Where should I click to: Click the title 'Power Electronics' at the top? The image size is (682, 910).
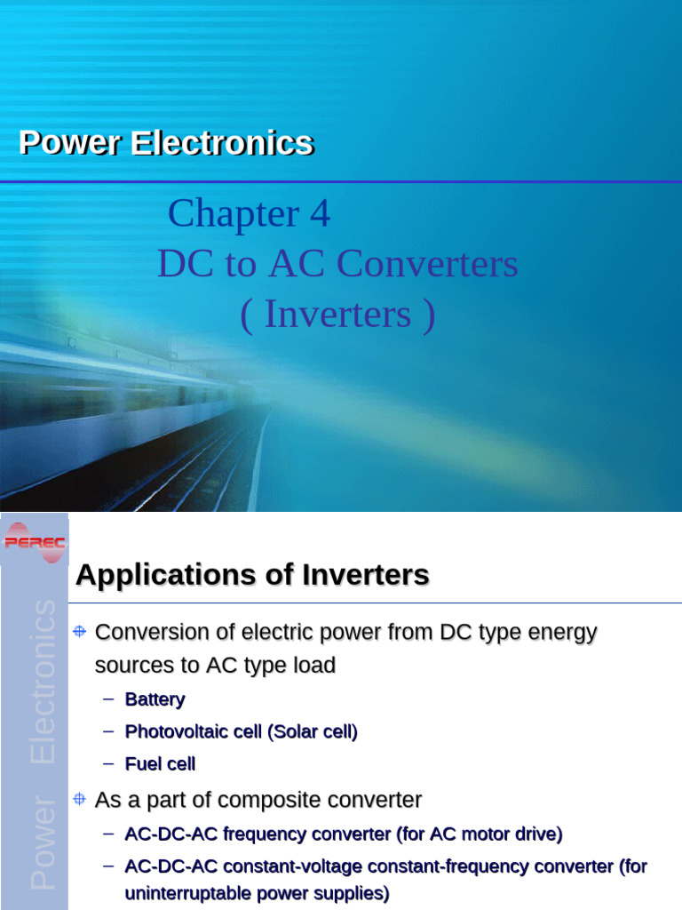166,142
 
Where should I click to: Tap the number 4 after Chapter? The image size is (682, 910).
320,213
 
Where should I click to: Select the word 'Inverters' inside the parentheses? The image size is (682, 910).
337,315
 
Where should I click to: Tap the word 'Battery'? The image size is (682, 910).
155,699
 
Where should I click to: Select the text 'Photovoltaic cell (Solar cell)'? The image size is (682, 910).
241,732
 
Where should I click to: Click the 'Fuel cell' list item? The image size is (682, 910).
160,764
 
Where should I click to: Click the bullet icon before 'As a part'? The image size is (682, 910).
79,800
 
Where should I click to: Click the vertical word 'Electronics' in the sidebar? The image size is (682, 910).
43,682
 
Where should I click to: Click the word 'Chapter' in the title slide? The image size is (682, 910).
234,213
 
